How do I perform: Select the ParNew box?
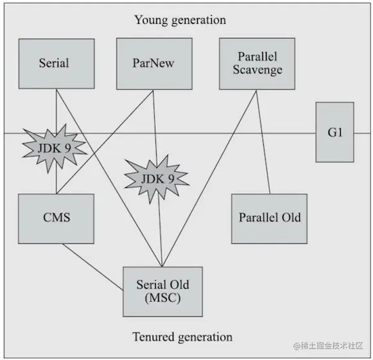(x=154, y=63)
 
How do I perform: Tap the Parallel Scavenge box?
(x=256, y=63)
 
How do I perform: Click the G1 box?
(x=334, y=132)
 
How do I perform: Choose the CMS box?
(x=56, y=217)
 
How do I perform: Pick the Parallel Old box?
(x=269, y=217)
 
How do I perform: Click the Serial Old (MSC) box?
(x=162, y=291)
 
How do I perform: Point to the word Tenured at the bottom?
(x=154, y=337)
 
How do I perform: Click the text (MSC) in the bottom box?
(x=162, y=298)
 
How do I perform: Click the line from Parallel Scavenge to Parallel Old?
(x=263, y=141)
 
